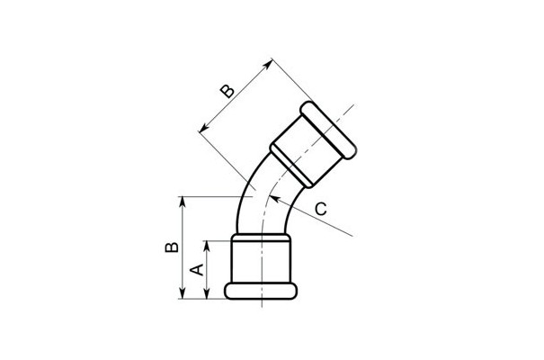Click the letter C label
[x=321, y=209]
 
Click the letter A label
[x=198, y=270]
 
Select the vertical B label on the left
[x=172, y=246]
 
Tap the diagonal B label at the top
[x=227, y=91]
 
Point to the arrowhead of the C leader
[x=273, y=199]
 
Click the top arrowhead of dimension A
[x=207, y=246]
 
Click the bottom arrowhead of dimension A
[x=207, y=293]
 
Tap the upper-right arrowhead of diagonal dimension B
[x=267, y=65]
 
